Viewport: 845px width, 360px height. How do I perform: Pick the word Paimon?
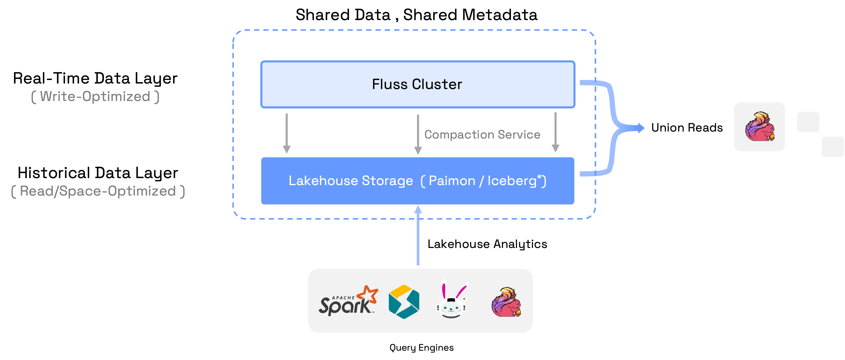tap(452, 181)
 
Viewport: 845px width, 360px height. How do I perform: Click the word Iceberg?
tap(512, 181)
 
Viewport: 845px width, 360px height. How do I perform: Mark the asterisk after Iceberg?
tap(539, 177)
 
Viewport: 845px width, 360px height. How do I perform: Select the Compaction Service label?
tap(482, 134)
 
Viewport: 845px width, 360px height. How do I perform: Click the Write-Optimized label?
tap(95, 96)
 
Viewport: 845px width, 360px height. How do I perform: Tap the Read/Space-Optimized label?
tap(98, 191)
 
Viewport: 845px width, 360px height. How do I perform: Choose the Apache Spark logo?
tap(348, 301)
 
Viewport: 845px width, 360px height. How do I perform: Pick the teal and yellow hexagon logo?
tap(404, 302)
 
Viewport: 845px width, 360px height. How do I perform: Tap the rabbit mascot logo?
tap(451, 300)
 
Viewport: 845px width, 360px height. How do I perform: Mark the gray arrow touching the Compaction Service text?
tap(418, 134)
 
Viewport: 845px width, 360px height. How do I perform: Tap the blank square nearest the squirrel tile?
tap(808, 122)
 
